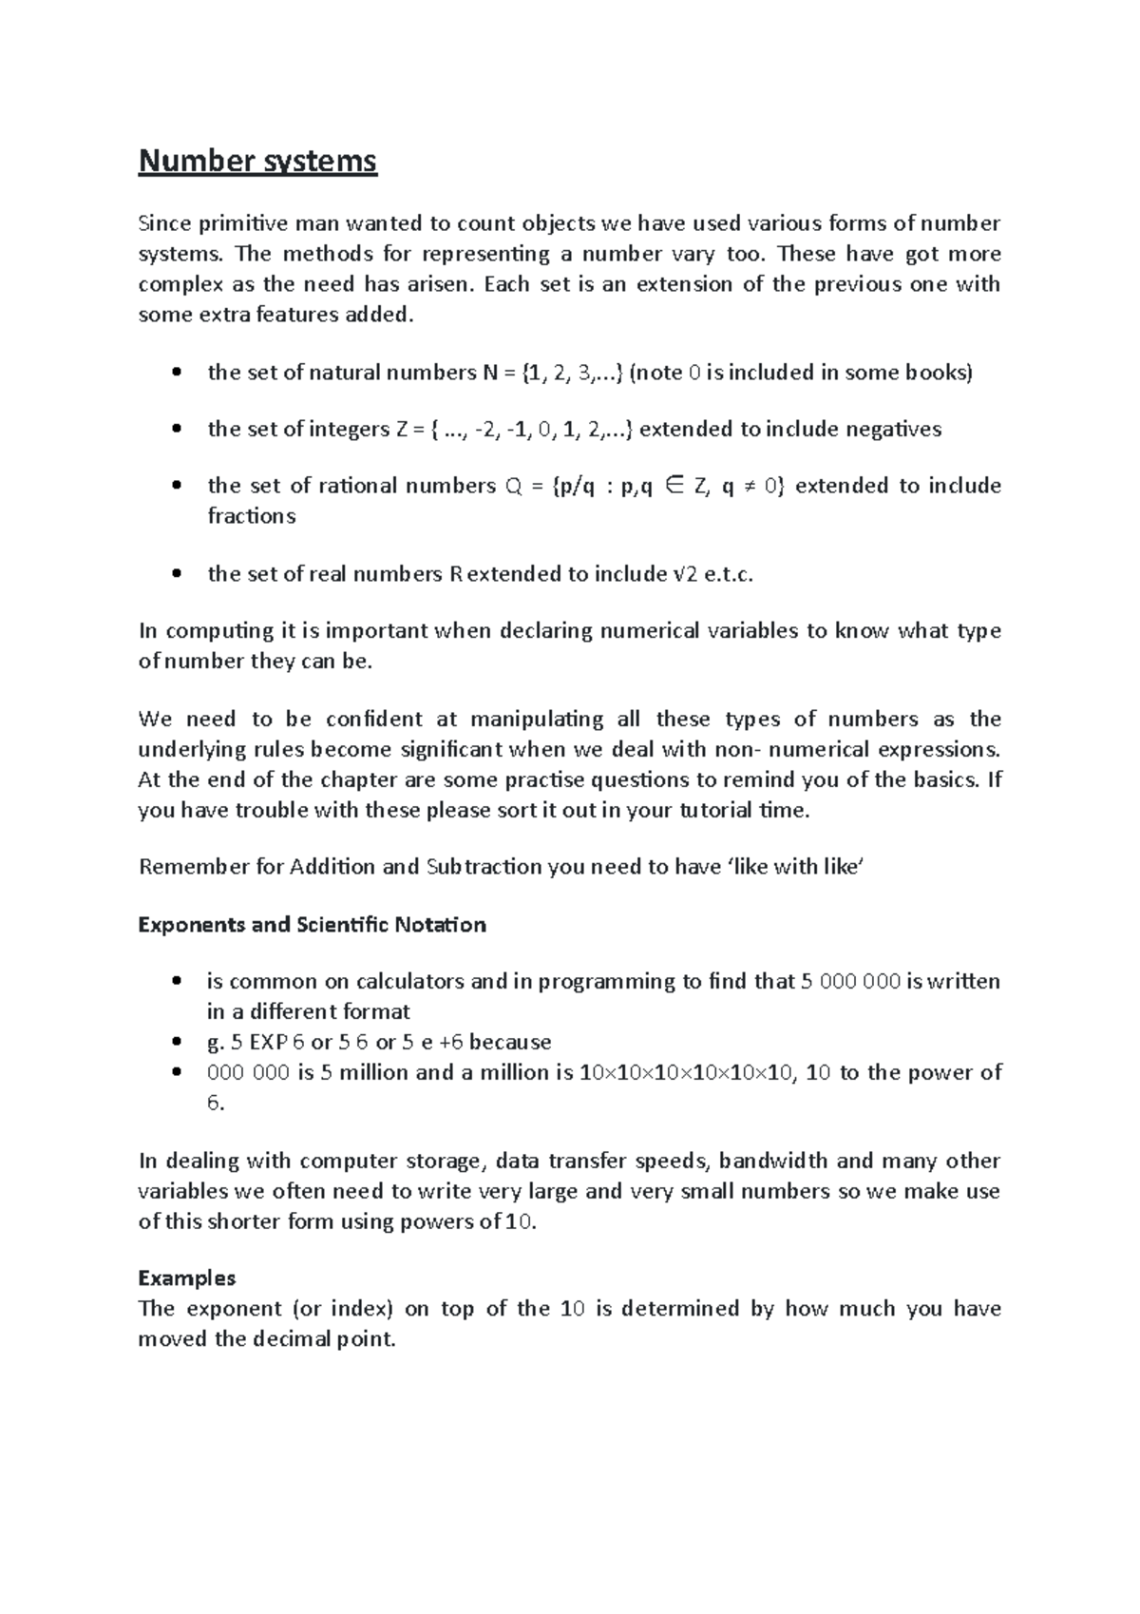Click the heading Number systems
pos(257,162)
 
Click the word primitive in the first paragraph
pos(228,224)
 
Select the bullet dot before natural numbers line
pos(175,374)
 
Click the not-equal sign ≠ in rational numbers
pos(750,487)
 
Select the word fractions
pos(252,516)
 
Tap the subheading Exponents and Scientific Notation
pos(312,925)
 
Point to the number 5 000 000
pos(850,981)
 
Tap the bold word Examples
pos(186,1278)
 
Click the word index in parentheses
pos(360,1309)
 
